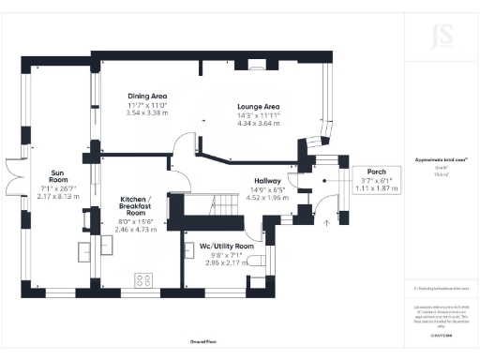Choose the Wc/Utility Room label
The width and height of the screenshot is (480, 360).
(x=223, y=246)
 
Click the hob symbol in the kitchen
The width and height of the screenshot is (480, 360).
(x=145, y=279)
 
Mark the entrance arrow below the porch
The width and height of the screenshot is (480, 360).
(x=326, y=222)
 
